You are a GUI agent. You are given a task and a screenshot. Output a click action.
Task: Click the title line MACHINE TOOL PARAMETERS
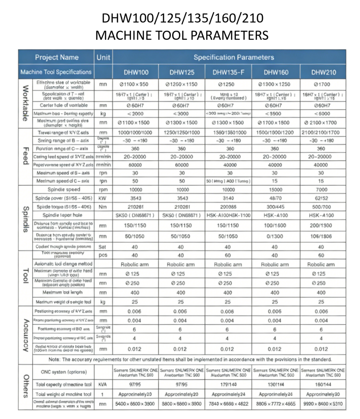click(x=182, y=35)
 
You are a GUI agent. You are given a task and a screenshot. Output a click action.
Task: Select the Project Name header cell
click(x=57, y=57)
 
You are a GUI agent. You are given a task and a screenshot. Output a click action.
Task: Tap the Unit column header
click(x=103, y=57)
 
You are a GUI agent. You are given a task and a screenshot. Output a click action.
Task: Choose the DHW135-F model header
click(x=228, y=72)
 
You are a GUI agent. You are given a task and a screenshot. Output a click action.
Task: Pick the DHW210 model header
click(x=323, y=72)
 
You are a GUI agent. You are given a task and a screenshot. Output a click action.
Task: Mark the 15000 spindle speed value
click(x=275, y=189)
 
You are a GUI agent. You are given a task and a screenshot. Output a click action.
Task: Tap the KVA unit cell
click(x=103, y=385)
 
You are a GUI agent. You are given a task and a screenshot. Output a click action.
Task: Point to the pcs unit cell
click(x=103, y=254)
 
